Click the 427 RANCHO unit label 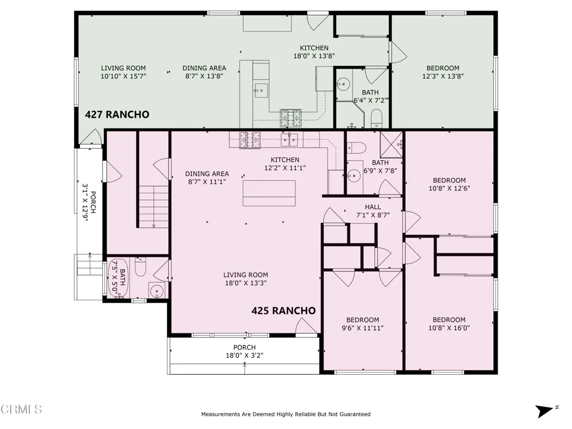point(117,115)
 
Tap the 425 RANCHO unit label point(283,311)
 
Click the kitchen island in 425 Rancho point(269,193)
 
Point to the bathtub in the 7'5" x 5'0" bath point(118,278)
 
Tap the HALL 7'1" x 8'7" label point(373,211)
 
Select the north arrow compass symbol point(545,411)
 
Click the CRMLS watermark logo point(21,409)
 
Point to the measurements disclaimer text point(285,414)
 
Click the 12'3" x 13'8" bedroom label point(442,72)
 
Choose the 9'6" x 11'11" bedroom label point(362,324)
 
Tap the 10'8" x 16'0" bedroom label point(449,324)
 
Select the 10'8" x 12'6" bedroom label point(449,184)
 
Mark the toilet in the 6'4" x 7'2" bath point(376,117)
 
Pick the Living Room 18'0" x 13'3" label point(245,279)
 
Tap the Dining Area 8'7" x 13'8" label point(204,72)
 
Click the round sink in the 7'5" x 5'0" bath point(157,290)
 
